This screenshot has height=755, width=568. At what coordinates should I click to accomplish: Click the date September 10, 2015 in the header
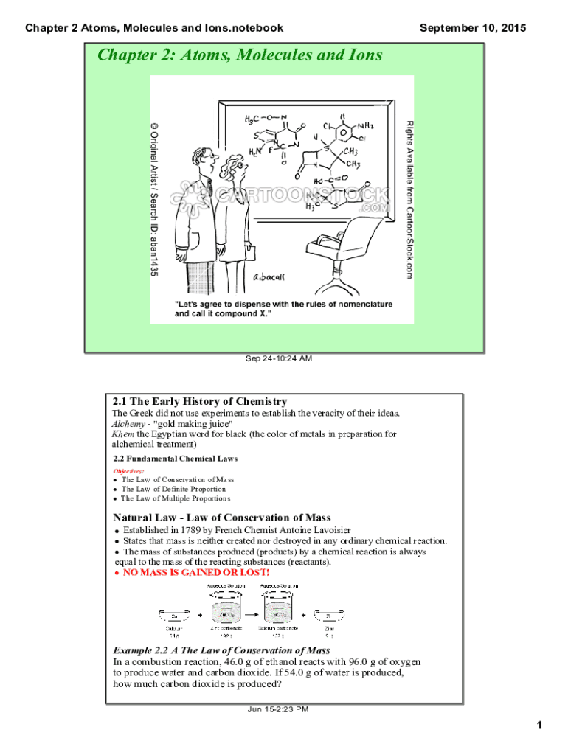tap(473, 28)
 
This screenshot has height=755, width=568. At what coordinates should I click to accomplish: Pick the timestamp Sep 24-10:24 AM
tap(278, 359)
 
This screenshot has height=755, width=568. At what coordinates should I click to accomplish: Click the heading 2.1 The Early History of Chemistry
tap(199, 402)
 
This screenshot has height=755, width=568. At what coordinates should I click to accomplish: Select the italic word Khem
tap(122, 434)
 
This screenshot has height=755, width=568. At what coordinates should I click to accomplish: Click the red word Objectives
tap(128, 470)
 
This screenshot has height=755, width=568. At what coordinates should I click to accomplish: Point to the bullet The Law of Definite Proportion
tap(173, 489)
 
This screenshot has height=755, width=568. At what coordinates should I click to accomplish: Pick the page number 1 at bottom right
tap(540, 727)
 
